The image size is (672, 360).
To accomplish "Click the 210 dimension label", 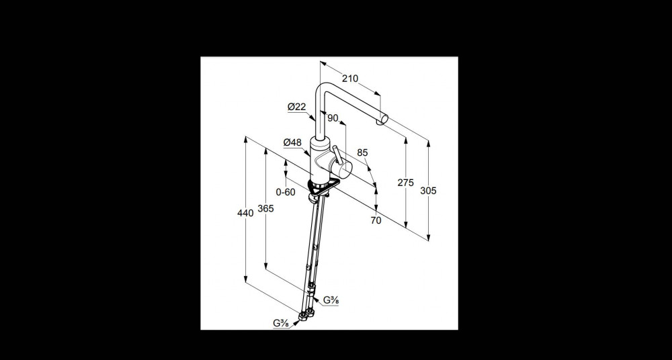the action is [x=349, y=79].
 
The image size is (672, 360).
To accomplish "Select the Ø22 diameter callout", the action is [x=296, y=107].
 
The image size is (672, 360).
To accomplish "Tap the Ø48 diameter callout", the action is [x=292, y=142].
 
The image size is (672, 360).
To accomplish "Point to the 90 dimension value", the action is [x=333, y=118].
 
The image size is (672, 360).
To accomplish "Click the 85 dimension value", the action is [x=362, y=152].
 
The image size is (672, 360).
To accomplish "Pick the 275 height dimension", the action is [x=405, y=183].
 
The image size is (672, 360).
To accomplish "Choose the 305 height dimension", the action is [x=428, y=191].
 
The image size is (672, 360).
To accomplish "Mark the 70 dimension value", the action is [x=376, y=220].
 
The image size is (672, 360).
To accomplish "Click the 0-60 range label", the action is [x=286, y=192].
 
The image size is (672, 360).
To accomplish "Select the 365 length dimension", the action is [x=265, y=209].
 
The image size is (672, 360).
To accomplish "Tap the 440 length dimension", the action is [x=245, y=212].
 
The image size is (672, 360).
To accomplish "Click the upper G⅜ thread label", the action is [x=331, y=300].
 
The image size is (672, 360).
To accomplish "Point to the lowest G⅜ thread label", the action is [x=281, y=323].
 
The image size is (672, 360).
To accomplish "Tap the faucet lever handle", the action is [x=338, y=154].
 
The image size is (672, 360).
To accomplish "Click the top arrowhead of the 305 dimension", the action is [x=428, y=143].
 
